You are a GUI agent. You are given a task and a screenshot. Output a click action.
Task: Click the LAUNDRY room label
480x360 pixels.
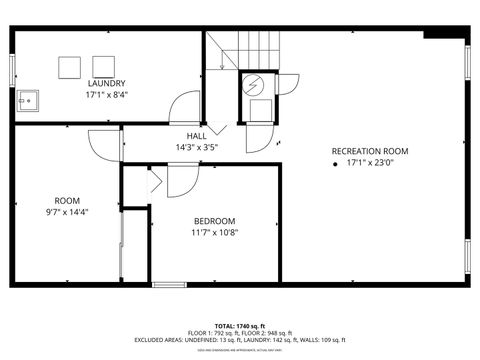pyautogui.click(x=106, y=83)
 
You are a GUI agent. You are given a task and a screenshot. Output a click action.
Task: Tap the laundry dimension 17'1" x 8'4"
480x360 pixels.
pyautogui.click(x=106, y=96)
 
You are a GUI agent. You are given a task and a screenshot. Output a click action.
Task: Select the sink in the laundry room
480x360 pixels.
pyautogui.click(x=27, y=99)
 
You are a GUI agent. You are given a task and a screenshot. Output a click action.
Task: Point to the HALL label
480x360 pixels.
pyautogui.click(x=196, y=135)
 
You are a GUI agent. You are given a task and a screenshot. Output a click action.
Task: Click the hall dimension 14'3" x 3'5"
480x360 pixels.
pyautogui.click(x=196, y=147)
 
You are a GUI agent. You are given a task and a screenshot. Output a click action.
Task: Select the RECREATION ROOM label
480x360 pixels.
pyautogui.click(x=370, y=151)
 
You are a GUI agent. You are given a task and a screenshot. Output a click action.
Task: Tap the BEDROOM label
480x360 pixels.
pyautogui.click(x=214, y=221)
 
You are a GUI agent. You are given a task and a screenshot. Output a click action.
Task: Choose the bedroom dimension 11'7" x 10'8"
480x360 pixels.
pyautogui.click(x=214, y=233)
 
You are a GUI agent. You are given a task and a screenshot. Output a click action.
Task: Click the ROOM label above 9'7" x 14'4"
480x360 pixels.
pyautogui.click(x=67, y=200)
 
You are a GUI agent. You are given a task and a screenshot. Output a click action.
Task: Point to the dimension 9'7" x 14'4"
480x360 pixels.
pyautogui.click(x=67, y=212)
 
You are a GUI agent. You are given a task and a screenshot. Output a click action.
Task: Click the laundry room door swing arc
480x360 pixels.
pyautogui.click(x=181, y=105)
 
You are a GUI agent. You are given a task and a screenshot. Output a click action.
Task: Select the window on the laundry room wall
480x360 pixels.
pyautogui.click(x=13, y=70)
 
